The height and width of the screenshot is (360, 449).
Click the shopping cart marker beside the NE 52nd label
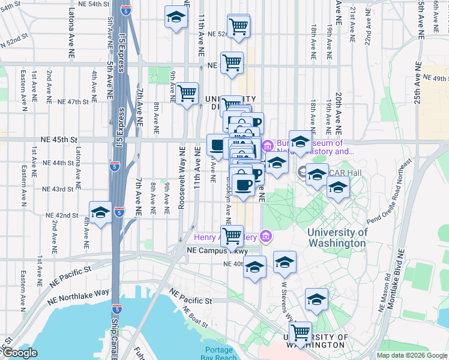point(239,26)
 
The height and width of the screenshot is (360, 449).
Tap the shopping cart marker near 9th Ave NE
point(187,93)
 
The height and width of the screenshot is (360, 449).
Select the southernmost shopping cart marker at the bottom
point(300,332)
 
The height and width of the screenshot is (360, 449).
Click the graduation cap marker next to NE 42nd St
point(101,212)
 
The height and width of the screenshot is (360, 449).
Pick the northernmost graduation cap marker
point(176,17)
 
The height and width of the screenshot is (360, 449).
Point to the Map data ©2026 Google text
point(412,355)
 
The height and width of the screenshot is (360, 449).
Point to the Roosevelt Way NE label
point(181,176)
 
